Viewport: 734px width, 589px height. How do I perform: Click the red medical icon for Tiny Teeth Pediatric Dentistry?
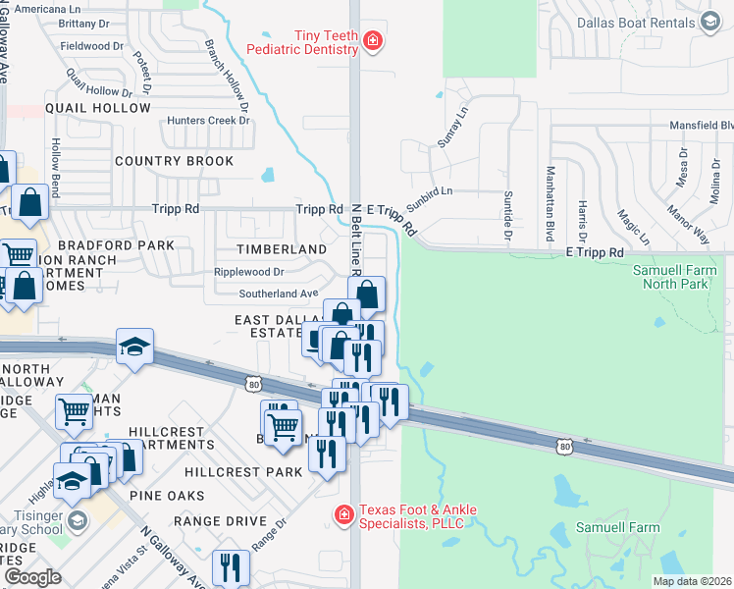click(373, 40)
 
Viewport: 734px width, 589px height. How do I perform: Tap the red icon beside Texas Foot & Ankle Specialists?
click(343, 514)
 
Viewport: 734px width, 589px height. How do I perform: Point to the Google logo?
click(32, 577)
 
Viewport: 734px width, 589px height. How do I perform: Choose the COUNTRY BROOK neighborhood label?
click(174, 161)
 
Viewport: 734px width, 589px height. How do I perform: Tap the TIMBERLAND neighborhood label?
click(282, 250)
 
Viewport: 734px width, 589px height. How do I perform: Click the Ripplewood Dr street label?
click(250, 272)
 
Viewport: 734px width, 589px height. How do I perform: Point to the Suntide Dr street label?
click(508, 215)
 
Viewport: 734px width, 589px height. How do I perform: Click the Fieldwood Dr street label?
click(91, 46)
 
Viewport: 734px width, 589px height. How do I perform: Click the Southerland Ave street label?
click(279, 294)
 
